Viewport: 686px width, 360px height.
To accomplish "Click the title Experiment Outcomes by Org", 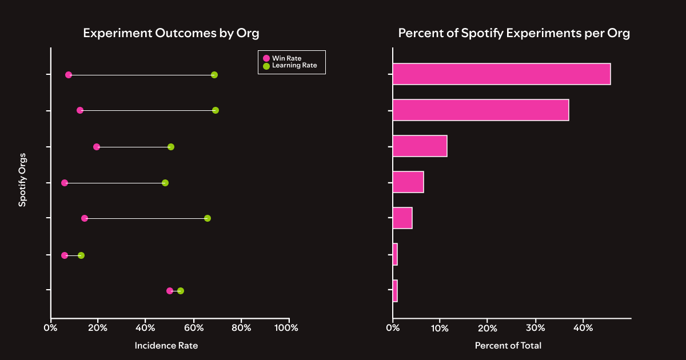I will click(x=171, y=33).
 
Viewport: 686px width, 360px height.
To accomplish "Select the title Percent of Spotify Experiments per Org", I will click(x=514, y=33).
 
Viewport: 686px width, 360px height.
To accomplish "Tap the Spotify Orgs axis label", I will click(x=22, y=183).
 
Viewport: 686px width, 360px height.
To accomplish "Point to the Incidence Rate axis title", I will click(x=166, y=346).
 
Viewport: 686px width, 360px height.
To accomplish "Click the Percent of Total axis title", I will click(x=508, y=346).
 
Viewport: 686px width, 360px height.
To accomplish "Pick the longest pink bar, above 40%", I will click(x=501, y=74).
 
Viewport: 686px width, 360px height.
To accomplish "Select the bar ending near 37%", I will click(x=480, y=110).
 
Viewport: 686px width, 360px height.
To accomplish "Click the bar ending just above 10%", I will click(x=420, y=146).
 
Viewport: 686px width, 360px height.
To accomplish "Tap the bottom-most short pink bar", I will click(x=395, y=291).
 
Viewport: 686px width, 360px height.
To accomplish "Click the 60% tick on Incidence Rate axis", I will click(x=193, y=328).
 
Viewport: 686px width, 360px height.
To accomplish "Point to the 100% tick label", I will click(x=286, y=328).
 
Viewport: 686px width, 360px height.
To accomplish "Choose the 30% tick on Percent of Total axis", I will click(x=535, y=328).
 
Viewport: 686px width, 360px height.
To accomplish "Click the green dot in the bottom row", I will click(x=181, y=291).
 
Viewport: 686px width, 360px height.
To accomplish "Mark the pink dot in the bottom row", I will click(x=170, y=291).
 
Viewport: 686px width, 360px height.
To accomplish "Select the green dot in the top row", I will click(x=214, y=75).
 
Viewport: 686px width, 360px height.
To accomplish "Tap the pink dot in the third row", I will click(x=97, y=147).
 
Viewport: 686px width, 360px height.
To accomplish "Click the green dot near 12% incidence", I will click(x=81, y=255).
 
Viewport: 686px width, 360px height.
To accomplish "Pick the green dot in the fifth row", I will click(x=208, y=218).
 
